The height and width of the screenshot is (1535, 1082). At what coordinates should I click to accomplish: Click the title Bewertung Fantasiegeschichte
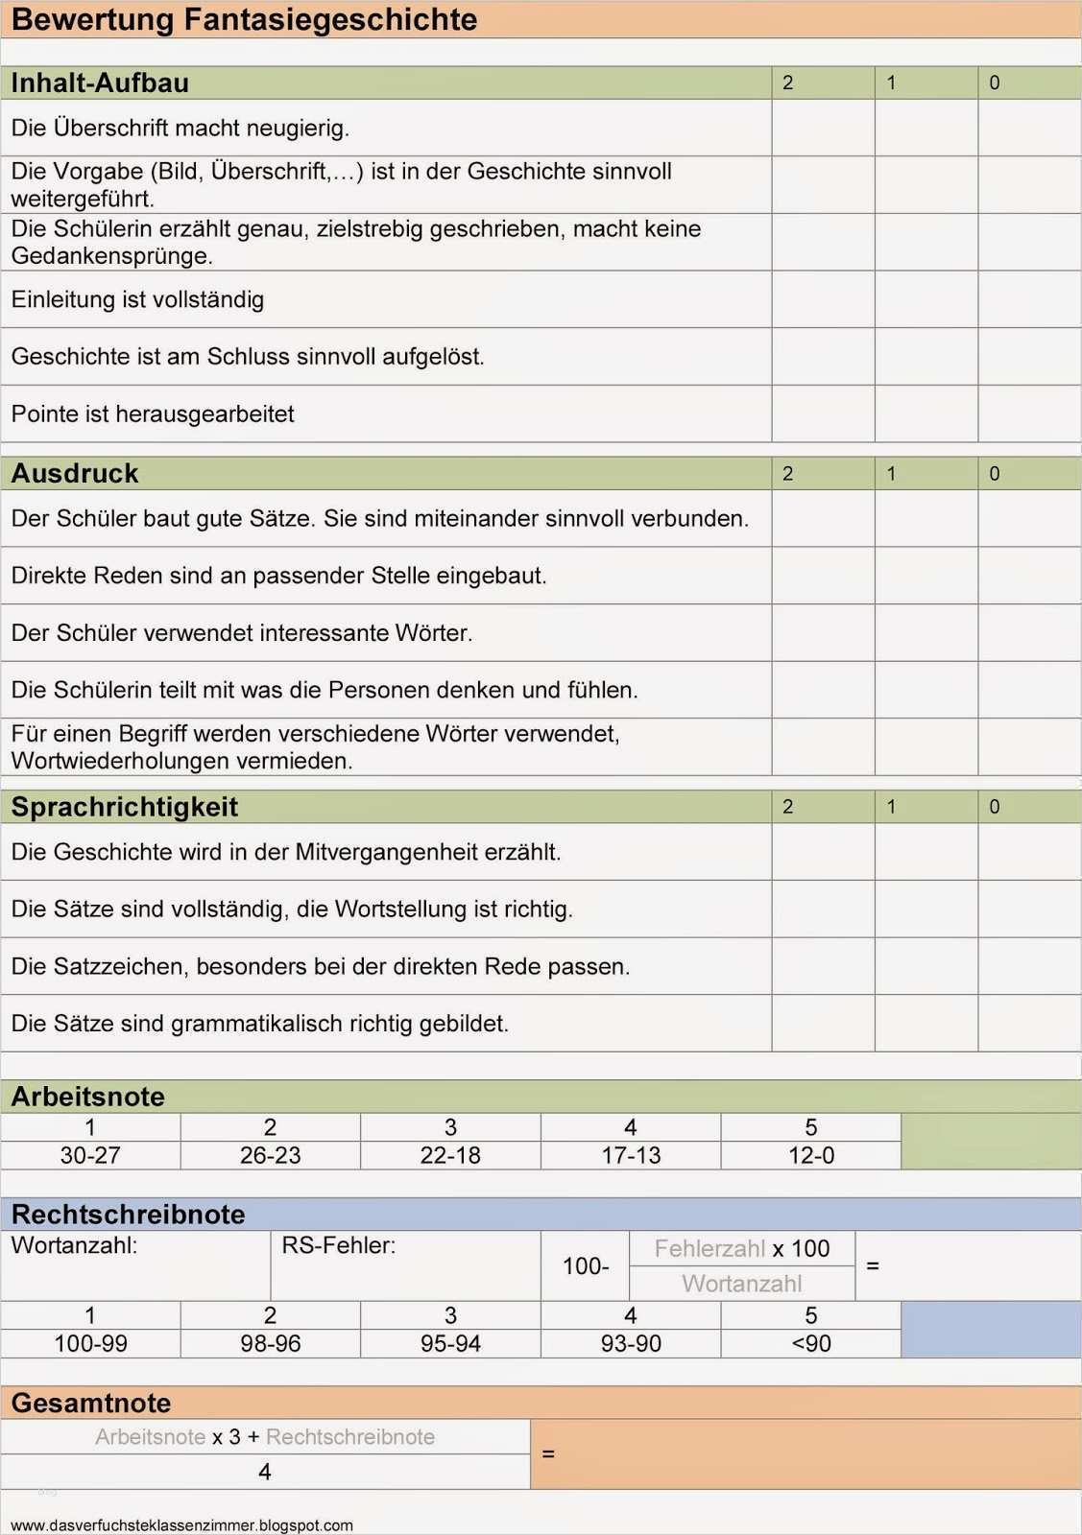click(x=244, y=20)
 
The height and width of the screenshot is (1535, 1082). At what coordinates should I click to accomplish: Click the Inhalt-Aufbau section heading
click(x=100, y=83)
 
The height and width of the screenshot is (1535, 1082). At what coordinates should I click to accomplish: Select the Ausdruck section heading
click(x=75, y=474)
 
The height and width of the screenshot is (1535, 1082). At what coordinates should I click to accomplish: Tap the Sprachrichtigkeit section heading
click(x=124, y=807)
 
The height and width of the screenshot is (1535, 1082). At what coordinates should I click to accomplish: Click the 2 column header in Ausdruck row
click(x=788, y=474)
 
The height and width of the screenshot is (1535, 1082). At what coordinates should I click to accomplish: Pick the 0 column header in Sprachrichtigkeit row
click(x=995, y=807)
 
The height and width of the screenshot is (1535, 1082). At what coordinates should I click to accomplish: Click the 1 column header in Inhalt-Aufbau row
click(x=891, y=83)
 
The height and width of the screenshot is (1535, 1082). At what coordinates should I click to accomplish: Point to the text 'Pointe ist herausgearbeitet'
click(x=153, y=414)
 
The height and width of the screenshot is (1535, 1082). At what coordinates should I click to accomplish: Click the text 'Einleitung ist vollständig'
click(x=137, y=299)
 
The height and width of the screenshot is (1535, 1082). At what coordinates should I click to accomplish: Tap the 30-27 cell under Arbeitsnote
click(x=90, y=1156)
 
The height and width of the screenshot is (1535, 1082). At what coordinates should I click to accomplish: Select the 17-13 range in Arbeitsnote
click(x=631, y=1156)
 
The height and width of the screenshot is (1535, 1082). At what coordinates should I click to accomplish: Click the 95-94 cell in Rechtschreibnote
click(x=450, y=1344)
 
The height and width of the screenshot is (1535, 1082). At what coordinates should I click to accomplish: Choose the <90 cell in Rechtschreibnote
click(x=811, y=1344)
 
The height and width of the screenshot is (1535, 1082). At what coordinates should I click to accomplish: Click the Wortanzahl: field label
click(x=74, y=1246)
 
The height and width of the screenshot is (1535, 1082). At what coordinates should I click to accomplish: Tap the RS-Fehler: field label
click(x=338, y=1246)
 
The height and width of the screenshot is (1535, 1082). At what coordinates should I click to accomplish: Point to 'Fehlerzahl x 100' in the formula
click(x=742, y=1249)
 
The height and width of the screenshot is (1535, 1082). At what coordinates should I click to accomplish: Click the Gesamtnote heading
click(x=91, y=1404)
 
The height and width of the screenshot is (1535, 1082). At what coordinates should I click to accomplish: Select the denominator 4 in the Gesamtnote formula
click(x=265, y=1473)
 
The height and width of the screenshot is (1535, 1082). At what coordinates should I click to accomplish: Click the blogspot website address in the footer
click(x=181, y=1525)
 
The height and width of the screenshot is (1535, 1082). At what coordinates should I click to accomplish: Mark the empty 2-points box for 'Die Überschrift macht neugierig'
click(x=823, y=128)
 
